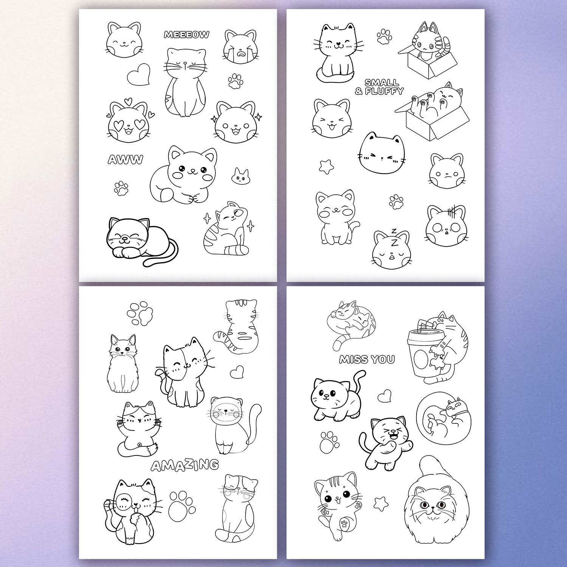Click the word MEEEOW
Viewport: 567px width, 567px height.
click(x=186, y=35)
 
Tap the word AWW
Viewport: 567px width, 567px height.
click(x=125, y=160)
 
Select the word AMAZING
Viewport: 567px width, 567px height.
click(x=185, y=465)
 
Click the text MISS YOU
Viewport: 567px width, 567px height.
click(x=367, y=359)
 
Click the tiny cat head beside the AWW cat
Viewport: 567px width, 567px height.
click(x=240, y=176)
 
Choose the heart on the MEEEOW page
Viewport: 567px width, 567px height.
click(x=139, y=74)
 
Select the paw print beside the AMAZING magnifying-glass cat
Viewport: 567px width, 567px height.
click(x=182, y=507)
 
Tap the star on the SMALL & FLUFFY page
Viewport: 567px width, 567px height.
click(x=326, y=167)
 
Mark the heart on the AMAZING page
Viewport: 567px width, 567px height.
click(x=237, y=372)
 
